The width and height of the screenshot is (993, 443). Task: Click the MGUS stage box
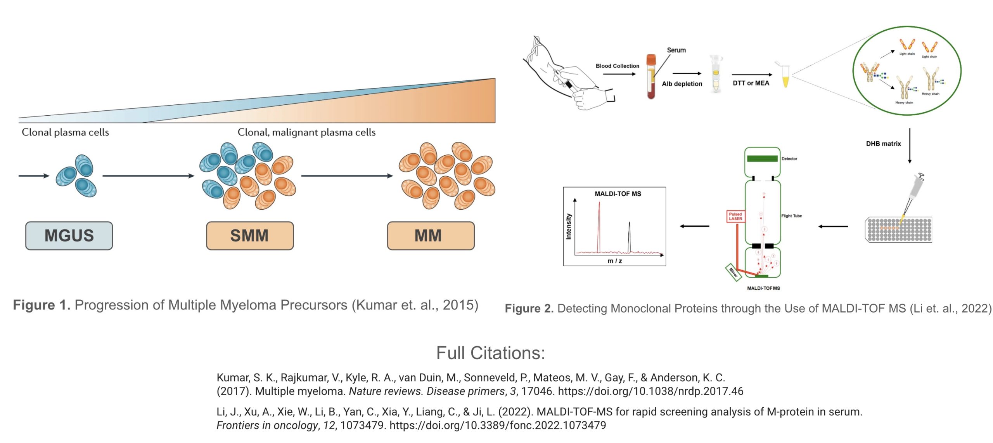click(69, 236)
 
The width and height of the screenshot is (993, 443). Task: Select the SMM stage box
click(249, 236)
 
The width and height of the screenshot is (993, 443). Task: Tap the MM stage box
click(430, 236)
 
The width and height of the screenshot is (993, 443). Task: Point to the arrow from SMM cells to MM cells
click(347, 176)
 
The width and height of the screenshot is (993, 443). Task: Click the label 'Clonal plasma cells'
click(65, 132)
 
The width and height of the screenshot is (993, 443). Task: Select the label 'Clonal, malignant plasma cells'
click(306, 132)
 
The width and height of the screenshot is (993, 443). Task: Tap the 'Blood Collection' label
click(617, 66)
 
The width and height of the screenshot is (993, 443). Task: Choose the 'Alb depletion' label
click(682, 84)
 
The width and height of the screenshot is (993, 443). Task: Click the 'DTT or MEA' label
click(751, 83)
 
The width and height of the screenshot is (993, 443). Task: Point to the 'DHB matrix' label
click(883, 144)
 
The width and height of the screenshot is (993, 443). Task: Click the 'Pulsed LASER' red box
click(735, 216)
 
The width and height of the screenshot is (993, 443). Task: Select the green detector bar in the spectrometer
click(762, 158)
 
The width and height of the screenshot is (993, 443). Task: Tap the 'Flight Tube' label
click(791, 216)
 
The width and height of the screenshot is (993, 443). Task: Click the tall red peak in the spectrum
click(599, 225)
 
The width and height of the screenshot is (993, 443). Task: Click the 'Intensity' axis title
click(569, 226)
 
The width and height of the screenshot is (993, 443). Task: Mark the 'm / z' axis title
click(614, 261)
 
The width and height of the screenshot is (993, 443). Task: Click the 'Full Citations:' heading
click(491, 353)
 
